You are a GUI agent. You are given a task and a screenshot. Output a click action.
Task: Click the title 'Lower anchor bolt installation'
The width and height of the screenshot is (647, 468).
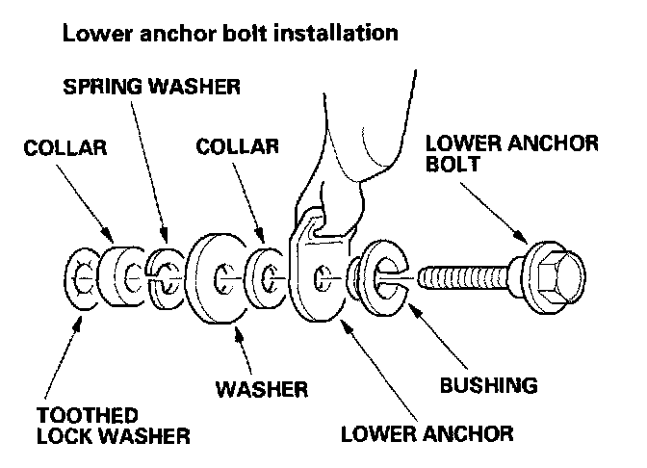coord(229,34)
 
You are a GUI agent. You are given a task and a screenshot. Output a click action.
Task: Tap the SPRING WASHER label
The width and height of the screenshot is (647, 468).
coord(151,89)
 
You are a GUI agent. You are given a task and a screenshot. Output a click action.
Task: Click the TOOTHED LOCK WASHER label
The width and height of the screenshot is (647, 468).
coord(112,426)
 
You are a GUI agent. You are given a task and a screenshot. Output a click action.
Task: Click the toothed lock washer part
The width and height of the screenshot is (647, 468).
coord(81,280)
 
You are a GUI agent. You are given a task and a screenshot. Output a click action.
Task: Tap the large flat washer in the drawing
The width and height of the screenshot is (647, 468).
coord(219,280)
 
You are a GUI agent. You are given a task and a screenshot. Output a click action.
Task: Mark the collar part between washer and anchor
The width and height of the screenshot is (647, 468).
coord(265,279)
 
